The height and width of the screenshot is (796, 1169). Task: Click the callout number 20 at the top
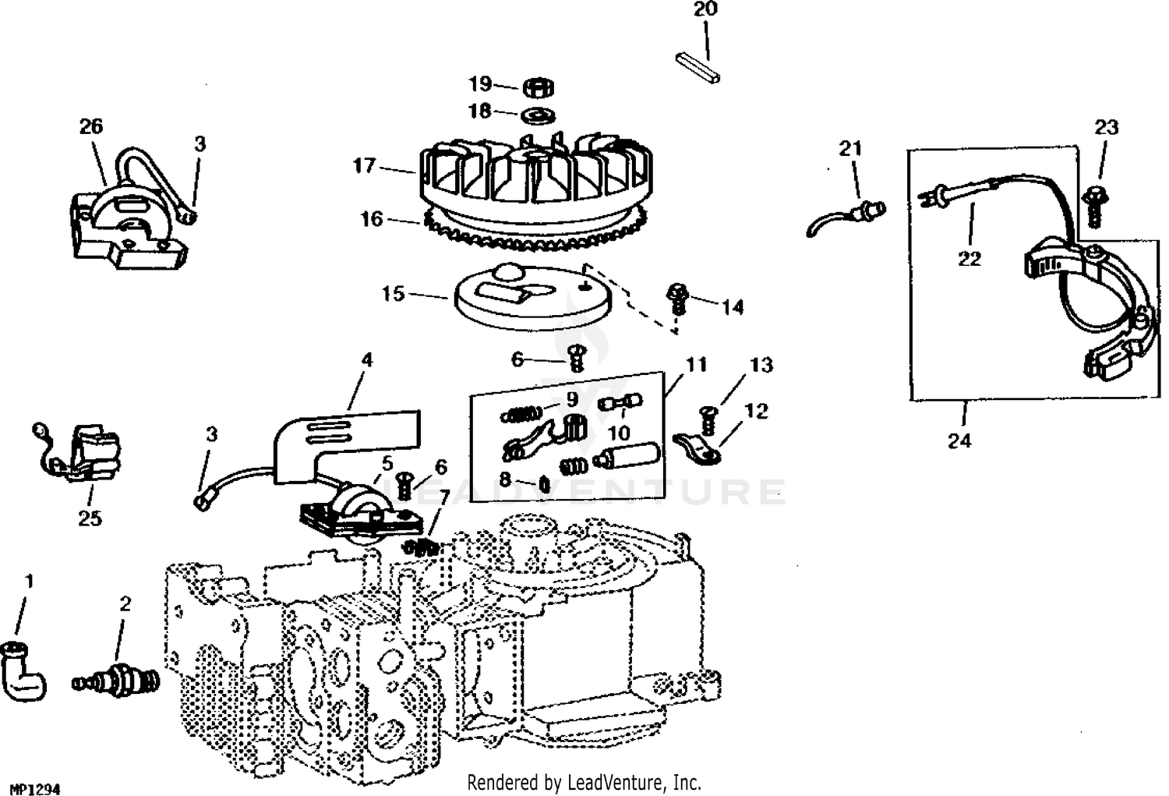click(705, 9)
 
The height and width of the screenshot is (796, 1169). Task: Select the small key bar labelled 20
click(698, 67)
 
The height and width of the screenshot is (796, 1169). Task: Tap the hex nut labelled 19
click(535, 87)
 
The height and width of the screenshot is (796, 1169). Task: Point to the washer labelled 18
click(535, 115)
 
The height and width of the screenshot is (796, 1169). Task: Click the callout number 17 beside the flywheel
click(364, 165)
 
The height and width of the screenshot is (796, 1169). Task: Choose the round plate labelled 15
click(530, 294)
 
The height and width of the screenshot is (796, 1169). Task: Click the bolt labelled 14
click(676, 299)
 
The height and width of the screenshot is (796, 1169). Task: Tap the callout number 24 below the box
click(959, 440)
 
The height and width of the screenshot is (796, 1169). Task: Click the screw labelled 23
click(1096, 204)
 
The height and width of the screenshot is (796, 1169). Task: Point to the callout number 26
click(91, 126)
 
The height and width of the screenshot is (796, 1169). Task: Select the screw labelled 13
click(710, 419)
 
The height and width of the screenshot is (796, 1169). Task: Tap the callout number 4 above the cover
click(367, 359)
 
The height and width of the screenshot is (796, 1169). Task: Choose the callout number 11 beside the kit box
click(696, 364)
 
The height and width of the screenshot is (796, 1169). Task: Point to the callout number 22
click(969, 259)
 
